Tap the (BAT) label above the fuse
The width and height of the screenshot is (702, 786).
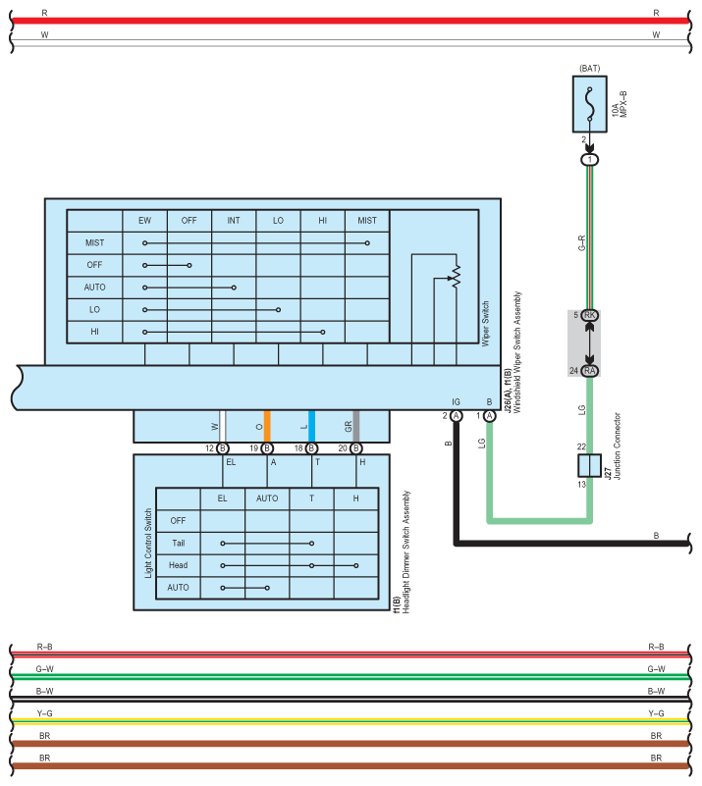tap(589, 68)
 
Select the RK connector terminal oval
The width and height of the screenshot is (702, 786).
tap(589, 315)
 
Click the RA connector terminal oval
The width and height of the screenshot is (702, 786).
tap(589, 370)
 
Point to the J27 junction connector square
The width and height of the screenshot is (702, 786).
tap(589, 464)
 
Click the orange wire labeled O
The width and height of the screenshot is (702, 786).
tap(267, 426)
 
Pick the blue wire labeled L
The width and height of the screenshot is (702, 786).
tap(311, 426)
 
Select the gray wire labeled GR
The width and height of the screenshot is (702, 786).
tap(356, 426)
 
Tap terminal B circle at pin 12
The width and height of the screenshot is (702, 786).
tap(223, 448)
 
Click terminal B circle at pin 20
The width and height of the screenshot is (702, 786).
tap(356, 448)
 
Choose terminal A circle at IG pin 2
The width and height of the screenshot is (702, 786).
tap(456, 416)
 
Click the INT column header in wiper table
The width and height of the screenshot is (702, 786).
tap(234, 221)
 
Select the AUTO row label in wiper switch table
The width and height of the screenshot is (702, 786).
tap(95, 288)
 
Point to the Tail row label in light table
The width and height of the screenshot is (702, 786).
tap(179, 543)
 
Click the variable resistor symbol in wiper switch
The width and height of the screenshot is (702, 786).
tap(453, 278)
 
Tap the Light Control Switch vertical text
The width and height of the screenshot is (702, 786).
tap(148, 543)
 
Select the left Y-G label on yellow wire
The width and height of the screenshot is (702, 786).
tap(45, 713)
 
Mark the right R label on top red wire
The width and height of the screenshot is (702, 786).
tap(656, 13)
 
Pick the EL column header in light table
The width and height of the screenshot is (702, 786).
tap(223, 498)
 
